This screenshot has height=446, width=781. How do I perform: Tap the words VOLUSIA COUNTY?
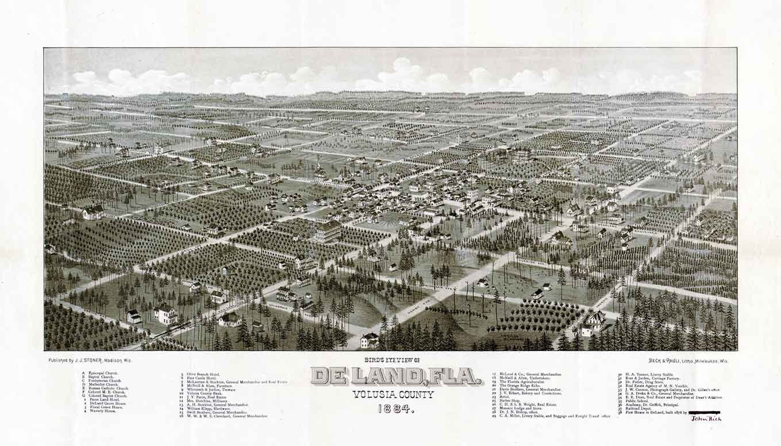tap(394, 394)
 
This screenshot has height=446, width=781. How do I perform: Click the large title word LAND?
tap(383, 376)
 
